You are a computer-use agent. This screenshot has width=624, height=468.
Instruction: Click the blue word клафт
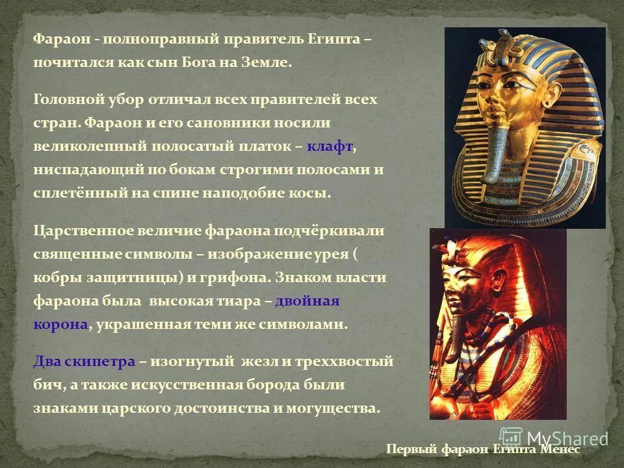point(330,148)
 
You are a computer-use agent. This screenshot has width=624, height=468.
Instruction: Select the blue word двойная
point(307,301)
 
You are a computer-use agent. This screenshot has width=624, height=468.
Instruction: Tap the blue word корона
point(60,324)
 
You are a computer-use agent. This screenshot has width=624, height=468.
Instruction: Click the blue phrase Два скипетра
point(84,361)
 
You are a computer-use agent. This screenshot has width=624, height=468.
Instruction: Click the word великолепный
point(90,148)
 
